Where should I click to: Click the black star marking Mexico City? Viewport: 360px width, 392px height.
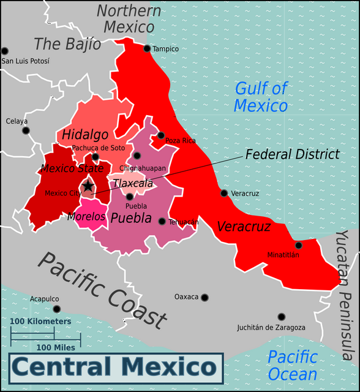coord(88,186)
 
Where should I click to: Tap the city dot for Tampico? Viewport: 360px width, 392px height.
coord(147,48)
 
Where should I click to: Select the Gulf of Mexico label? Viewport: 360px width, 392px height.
coord(261,97)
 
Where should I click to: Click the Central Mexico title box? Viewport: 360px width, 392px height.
coord(116,367)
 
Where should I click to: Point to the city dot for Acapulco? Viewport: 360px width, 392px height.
coord(57,309)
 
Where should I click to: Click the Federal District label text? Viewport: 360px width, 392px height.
coord(292,154)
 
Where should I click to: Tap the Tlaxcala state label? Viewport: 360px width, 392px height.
coord(133,183)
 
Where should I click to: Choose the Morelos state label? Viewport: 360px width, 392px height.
coord(86,216)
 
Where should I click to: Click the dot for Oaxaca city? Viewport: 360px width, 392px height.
coord(204,298)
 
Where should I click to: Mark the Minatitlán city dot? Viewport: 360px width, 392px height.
coord(298,245)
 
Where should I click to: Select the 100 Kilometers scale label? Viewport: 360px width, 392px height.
coord(40,321)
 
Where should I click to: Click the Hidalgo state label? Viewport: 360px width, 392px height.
coord(85,135)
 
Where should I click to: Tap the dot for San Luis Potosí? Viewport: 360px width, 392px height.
coord(5,51)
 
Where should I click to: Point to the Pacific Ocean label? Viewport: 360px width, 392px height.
coord(293,365)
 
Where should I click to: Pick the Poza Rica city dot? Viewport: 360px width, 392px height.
coord(161,135)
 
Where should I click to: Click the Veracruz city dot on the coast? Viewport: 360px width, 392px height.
coord(224,193)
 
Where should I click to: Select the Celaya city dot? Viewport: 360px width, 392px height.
coord(26,130)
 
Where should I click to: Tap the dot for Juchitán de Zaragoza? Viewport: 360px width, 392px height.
coord(281,317)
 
